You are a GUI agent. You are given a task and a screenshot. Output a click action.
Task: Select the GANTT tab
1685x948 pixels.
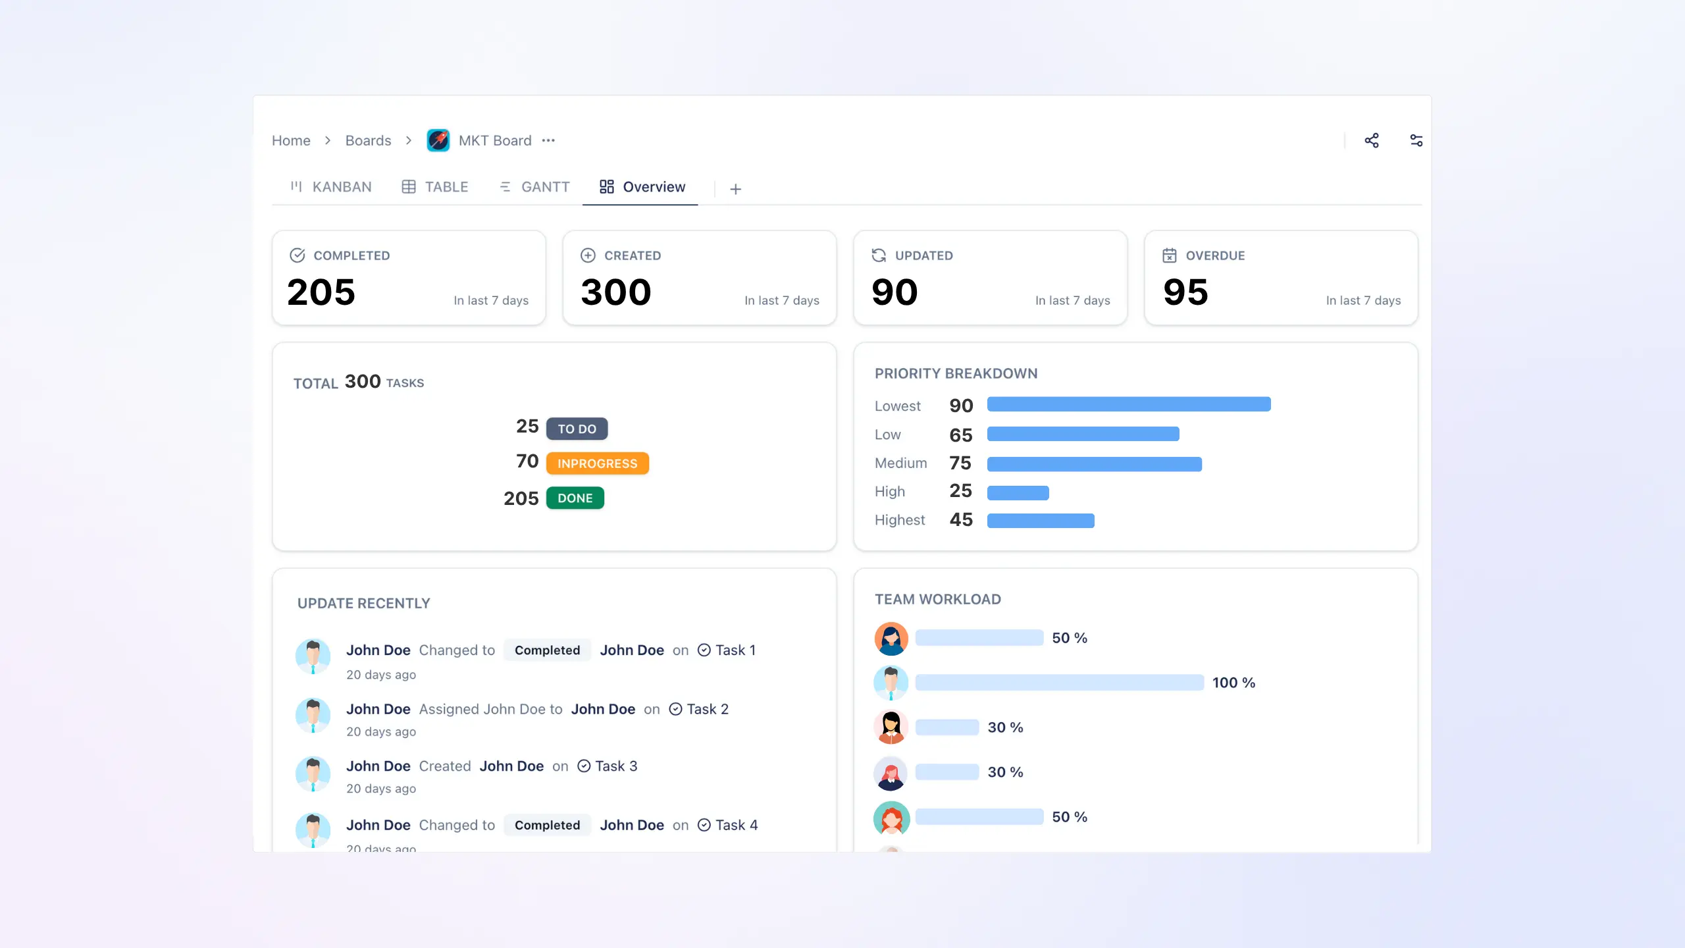click(534, 187)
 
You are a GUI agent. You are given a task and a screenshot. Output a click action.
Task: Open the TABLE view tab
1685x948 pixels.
click(435, 187)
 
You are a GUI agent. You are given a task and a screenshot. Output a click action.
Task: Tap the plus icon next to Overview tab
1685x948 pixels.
click(735, 189)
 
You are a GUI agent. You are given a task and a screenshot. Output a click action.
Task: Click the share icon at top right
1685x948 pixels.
click(1372, 140)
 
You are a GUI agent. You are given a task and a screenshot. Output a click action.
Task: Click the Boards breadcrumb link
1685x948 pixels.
click(368, 140)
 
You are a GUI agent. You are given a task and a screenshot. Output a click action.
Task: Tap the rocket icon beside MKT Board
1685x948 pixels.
click(438, 140)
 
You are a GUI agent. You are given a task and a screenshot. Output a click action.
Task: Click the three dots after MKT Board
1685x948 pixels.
click(548, 140)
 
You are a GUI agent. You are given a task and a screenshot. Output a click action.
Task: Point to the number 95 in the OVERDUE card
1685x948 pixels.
click(1185, 292)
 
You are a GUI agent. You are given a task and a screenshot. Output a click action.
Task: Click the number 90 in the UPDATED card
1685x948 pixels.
click(894, 292)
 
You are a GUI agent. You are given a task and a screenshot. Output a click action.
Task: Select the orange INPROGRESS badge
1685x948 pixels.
click(597, 463)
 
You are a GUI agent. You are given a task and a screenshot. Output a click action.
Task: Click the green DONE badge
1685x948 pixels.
click(575, 498)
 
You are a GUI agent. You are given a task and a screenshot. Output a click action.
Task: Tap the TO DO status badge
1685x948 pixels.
click(577, 429)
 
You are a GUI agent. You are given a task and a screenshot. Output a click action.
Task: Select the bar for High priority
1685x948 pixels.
click(1018, 492)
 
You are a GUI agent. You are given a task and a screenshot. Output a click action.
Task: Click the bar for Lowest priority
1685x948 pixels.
click(1128, 404)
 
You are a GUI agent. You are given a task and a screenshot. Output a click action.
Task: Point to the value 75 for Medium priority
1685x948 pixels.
click(960, 463)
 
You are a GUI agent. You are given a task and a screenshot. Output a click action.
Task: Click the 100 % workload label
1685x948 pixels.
click(1233, 683)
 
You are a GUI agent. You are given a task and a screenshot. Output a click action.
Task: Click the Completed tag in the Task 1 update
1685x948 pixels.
click(547, 650)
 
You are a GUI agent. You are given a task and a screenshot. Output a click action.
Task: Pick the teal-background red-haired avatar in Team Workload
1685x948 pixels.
click(891, 818)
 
